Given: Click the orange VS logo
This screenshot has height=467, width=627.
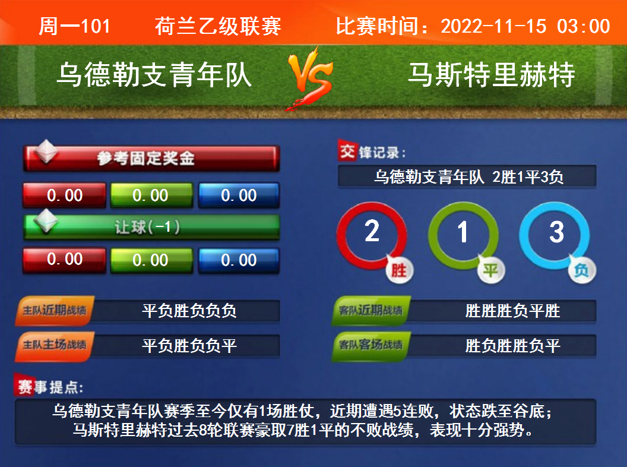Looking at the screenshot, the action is click(x=311, y=77).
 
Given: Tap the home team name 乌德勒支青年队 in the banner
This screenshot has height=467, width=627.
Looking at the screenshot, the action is click(x=154, y=75).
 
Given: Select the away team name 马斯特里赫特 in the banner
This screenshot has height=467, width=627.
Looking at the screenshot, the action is click(x=492, y=75).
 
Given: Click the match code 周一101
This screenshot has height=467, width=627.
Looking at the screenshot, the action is click(x=74, y=26).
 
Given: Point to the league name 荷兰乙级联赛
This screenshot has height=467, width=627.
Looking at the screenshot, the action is click(x=218, y=26).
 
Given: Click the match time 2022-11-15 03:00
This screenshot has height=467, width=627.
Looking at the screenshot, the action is click(x=525, y=26).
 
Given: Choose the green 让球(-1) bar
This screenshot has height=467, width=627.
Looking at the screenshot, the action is click(x=151, y=227).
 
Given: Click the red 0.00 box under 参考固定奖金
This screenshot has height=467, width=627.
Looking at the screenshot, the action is click(x=64, y=195).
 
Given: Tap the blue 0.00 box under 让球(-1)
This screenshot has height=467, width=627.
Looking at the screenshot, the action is click(x=239, y=260).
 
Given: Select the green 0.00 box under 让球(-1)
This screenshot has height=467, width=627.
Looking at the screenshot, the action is click(x=151, y=260).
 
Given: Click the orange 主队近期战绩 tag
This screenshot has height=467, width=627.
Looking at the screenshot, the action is click(x=55, y=311).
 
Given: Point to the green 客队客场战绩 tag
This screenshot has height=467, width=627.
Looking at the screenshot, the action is click(x=370, y=345).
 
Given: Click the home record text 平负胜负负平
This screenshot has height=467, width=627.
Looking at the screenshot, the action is click(x=189, y=345).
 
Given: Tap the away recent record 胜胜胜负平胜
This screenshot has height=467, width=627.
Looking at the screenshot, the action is click(x=512, y=311).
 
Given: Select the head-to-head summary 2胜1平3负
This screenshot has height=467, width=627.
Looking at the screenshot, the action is click(x=528, y=177).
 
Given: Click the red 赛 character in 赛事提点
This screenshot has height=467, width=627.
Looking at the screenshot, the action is click(x=25, y=387).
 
